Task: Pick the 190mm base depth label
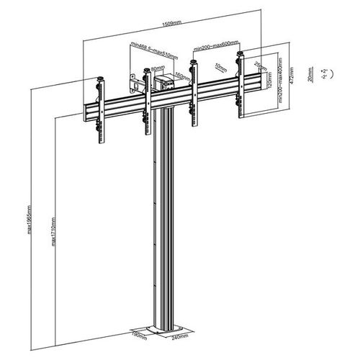[x=140, y=334]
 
